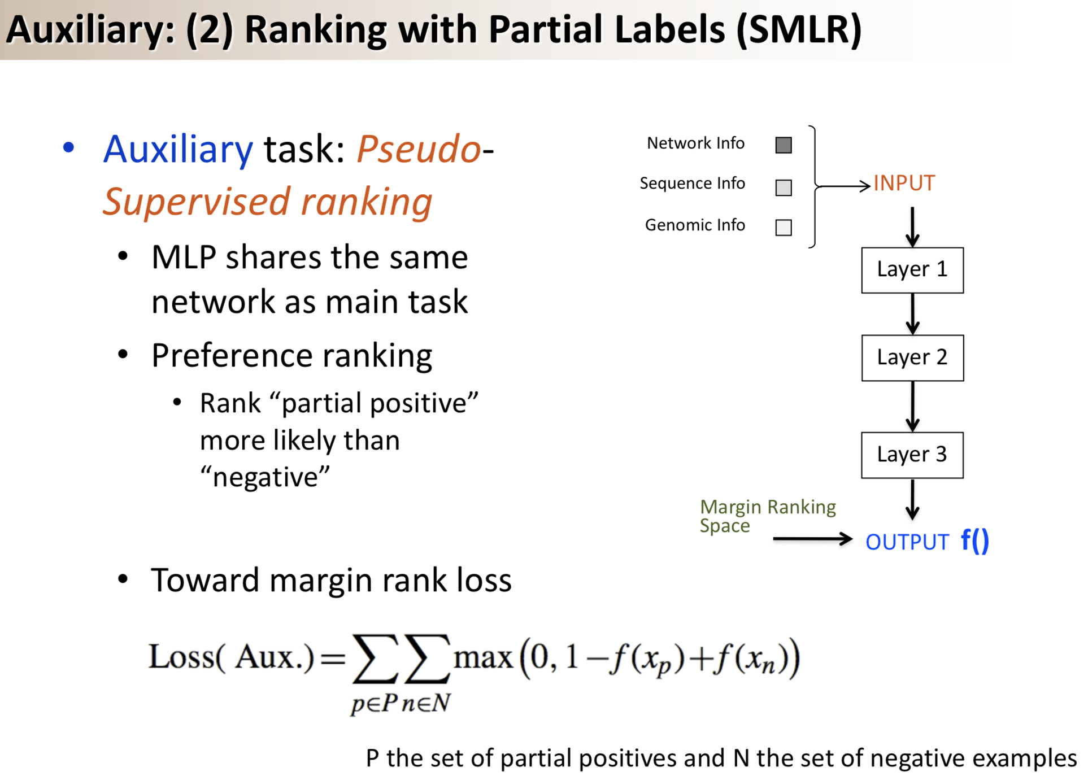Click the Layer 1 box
click(x=912, y=270)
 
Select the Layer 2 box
click(x=912, y=358)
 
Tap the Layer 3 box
click(x=912, y=455)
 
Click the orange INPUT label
click(x=904, y=184)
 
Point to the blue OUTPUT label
click(x=907, y=542)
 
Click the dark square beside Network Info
click(x=784, y=145)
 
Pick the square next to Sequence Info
click(x=784, y=188)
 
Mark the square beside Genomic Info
click(x=784, y=228)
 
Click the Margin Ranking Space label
click(x=767, y=516)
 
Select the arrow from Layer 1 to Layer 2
click(x=912, y=314)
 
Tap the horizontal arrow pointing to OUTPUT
click(x=812, y=539)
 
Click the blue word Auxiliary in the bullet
click(x=178, y=150)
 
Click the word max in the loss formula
click(x=482, y=657)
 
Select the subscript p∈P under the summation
click(x=375, y=703)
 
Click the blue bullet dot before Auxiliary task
click(x=68, y=148)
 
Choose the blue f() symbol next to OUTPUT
click(x=974, y=541)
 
